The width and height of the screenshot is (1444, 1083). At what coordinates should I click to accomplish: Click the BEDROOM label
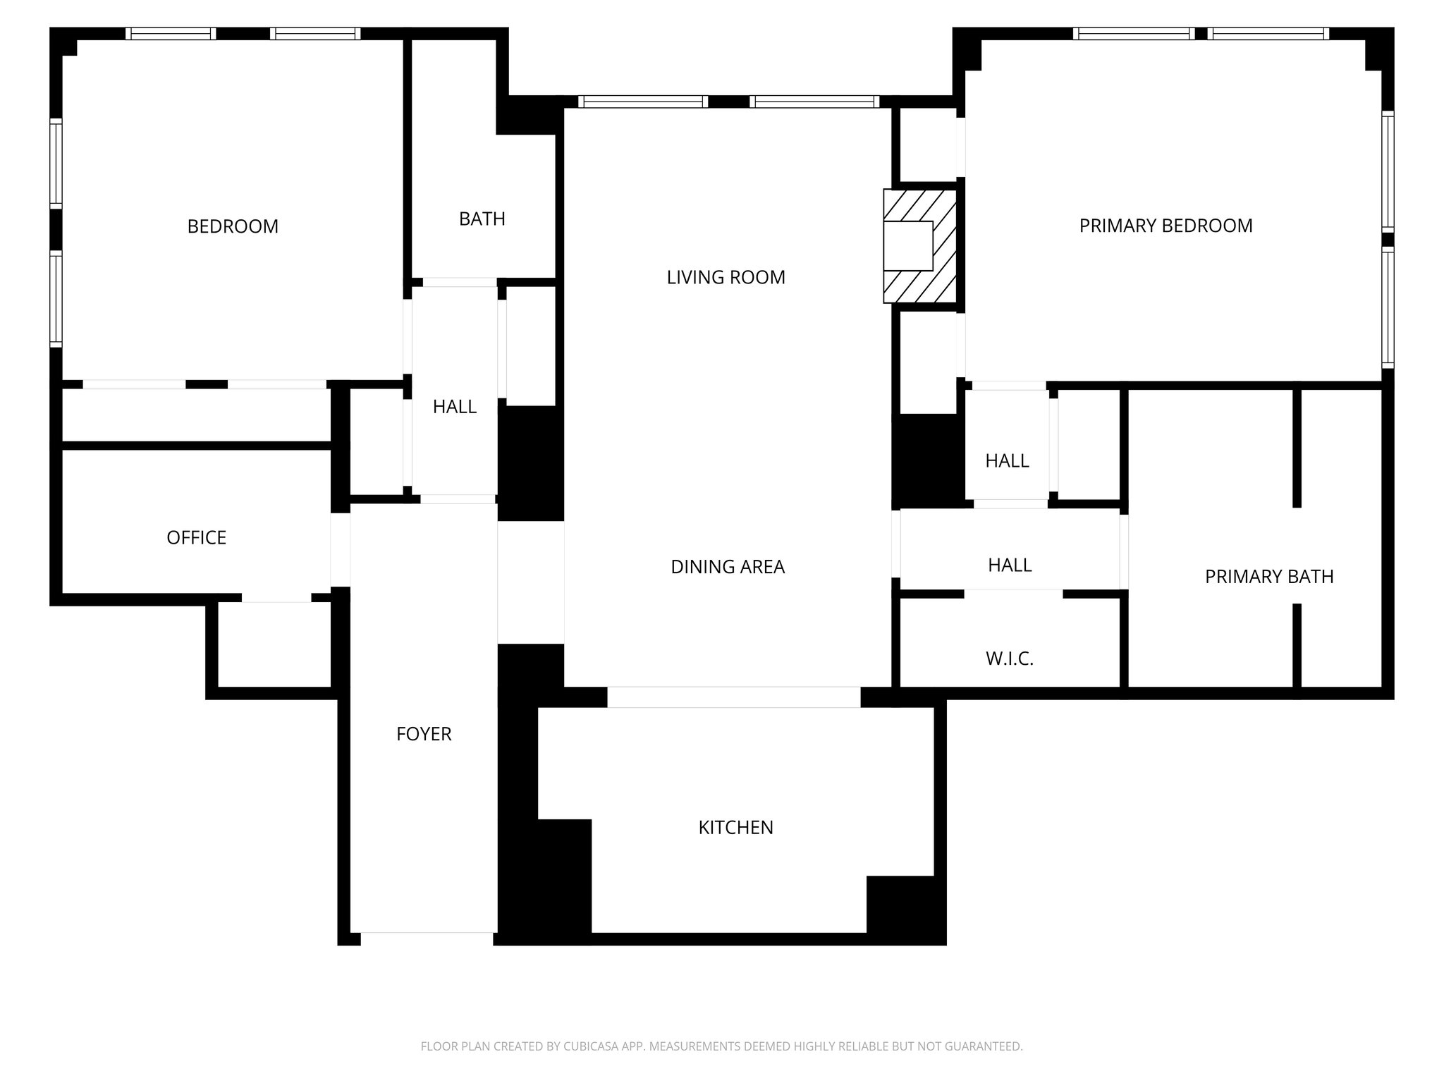point(233,226)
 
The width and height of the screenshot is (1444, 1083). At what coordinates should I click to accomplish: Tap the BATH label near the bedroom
point(482,219)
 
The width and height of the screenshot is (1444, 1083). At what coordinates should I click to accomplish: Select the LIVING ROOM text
point(726,278)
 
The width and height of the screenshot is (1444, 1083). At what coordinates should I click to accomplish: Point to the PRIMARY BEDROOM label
point(1165,226)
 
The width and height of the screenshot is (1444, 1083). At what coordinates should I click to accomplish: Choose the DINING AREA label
point(727,567)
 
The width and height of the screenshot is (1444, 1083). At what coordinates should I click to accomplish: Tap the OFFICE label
point(196,538)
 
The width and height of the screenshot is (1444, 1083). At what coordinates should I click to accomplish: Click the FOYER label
point(424,734)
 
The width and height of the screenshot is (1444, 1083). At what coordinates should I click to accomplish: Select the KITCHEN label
point(735,828)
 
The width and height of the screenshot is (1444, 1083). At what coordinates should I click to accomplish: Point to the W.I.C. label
point(1009,659)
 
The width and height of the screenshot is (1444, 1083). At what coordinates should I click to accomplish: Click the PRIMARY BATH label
point(1268,577)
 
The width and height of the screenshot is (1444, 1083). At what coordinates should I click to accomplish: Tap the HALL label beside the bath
point(455,407)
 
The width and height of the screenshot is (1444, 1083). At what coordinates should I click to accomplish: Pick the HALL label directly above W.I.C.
point(1010,565)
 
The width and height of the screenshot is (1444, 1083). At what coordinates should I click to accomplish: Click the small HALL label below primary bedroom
point(1007,461)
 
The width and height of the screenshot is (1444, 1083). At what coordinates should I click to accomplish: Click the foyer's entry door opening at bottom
point(427,938)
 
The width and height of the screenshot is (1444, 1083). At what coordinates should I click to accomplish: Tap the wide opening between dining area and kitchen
point(733,697)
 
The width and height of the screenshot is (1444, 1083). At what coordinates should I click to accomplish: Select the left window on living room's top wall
point(642,102)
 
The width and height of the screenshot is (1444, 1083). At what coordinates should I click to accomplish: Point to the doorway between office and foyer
point(341,549)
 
